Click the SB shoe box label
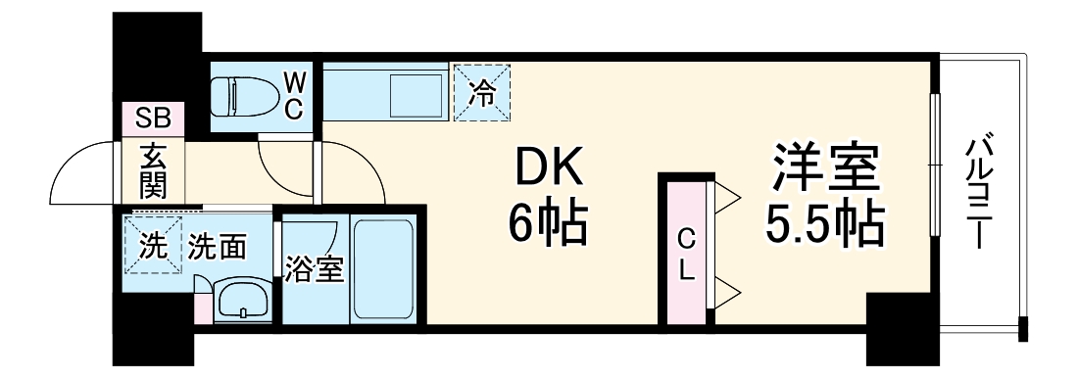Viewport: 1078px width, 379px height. (153, 118)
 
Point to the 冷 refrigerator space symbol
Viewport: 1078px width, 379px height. (482, 93)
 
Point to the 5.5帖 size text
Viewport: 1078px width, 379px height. (824, 225)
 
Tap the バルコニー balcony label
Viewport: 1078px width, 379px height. (979, 192)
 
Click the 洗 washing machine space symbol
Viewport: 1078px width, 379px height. (153, 244)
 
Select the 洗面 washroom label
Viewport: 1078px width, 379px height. (217, 245)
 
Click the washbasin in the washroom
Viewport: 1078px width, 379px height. (242, 302)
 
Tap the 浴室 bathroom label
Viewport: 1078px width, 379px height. (314, 269)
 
